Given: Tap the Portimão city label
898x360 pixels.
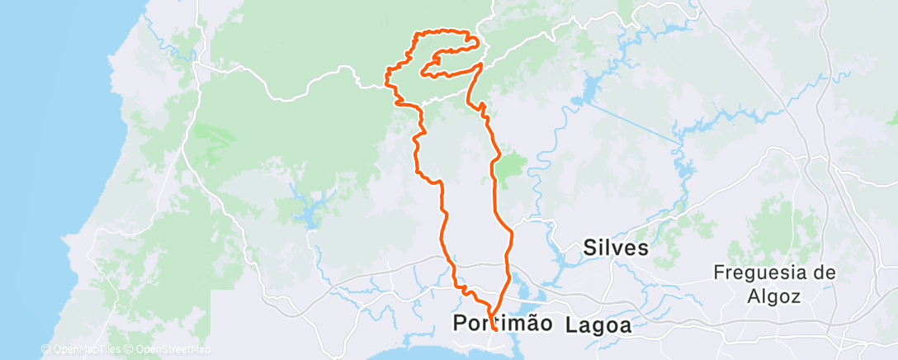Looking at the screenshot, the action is (x=503, y=324).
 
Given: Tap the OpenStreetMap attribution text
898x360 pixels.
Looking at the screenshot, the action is (x=169, y=350).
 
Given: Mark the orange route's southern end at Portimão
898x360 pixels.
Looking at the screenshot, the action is (x=491, y=329).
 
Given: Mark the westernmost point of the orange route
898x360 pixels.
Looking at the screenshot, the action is (x=386, y=78).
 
